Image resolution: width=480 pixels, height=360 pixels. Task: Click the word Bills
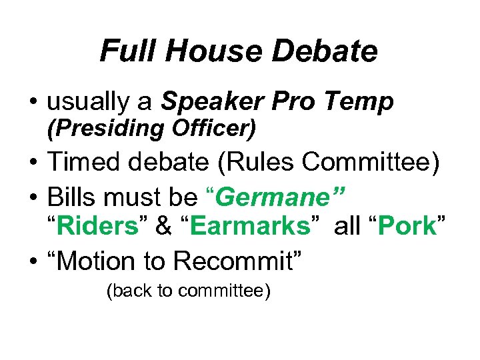point(71,197)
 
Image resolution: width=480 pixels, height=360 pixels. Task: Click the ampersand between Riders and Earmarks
point(163,227)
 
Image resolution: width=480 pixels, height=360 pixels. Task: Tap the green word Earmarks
point(251,227)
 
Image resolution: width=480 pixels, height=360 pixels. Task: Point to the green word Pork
point(406,227)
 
